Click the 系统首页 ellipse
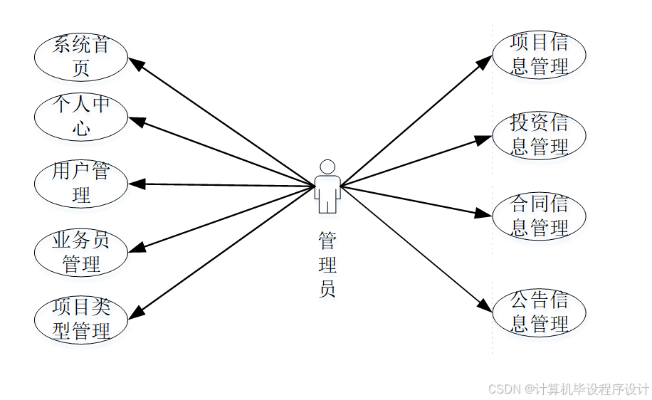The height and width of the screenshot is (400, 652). (x=81, y=57)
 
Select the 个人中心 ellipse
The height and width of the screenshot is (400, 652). (x=81, y=117)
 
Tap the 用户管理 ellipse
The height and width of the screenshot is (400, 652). (x=81, y=184)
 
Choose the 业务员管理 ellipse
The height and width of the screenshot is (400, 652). (x=81, y=252)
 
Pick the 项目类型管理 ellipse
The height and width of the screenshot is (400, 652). (x=81, y=319)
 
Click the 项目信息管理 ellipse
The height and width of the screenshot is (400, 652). (x=539, y=54)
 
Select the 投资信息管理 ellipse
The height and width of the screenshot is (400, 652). (x=539, y=135)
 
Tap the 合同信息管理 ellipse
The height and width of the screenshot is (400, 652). (x=539, y=216)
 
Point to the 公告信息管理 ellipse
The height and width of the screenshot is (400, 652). (x=539, y=312)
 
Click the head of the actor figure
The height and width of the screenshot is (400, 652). (x=327, y=167)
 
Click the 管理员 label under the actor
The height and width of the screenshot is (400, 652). (x=327, y=264)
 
